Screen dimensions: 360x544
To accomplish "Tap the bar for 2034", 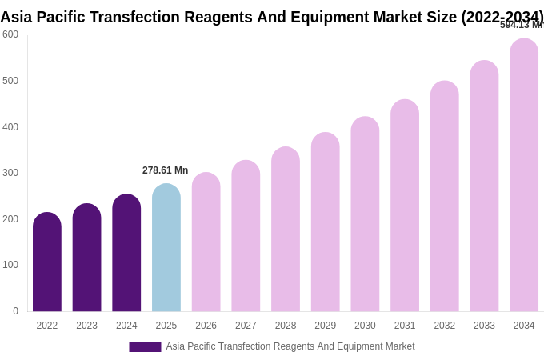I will (524, 176).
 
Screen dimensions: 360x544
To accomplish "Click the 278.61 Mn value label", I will (165, 170).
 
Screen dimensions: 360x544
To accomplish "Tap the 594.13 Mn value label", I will (521, 25).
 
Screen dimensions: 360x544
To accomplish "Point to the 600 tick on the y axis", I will (10, 34).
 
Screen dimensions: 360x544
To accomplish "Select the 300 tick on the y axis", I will (10, 173).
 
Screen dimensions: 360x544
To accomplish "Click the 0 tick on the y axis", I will (15, 311).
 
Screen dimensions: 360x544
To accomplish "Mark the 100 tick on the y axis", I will (10, 265).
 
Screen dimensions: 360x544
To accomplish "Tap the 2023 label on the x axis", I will (86, 326).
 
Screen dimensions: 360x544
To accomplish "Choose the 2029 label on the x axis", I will (325, 326).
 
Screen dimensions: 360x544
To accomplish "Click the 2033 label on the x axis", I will (484, 326).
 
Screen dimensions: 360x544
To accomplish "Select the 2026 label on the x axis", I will (206, 326).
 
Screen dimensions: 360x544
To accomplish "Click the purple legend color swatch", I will (145, 347).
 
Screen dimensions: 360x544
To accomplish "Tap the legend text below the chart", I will (290, 346).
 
